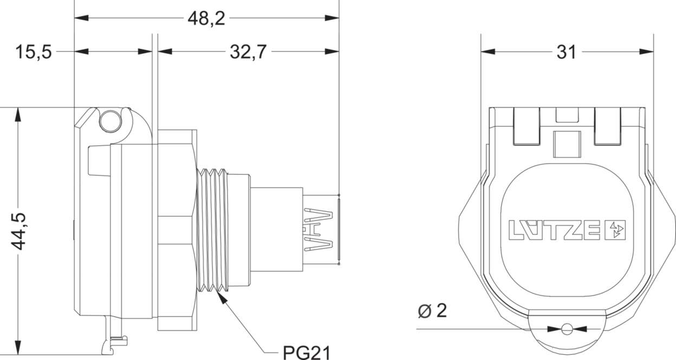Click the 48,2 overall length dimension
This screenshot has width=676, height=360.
tap(206, 18)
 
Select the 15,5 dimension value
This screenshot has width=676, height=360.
tap(33, 52)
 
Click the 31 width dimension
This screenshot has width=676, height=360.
tap(566, 52)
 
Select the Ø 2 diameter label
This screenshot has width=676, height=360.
tap(433, 311)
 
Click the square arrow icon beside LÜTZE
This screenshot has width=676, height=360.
tap(617, 230)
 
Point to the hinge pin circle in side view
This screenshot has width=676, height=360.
tap(109, 121)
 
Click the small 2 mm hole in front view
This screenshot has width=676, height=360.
tap(567, 329)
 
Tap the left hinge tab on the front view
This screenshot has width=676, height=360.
tap(525, 127)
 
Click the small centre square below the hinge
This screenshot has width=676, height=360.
tap(567, 143)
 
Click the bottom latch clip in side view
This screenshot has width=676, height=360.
tap(115, 339)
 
